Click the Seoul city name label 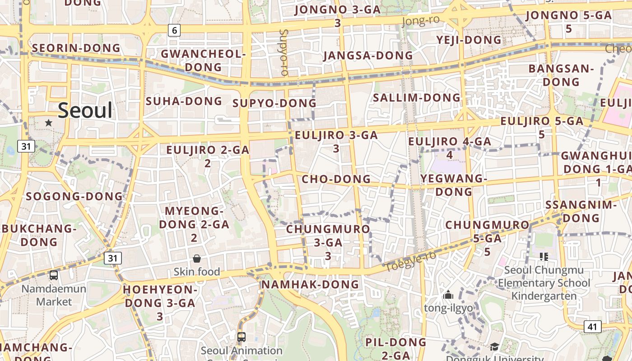[85, 111]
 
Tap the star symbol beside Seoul [49, 123]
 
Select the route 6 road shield [174, 30]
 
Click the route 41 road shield [592, 327]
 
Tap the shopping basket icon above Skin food [197, 259]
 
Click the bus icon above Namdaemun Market [54, 275]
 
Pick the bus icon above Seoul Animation [242, 337]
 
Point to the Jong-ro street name [420, 21]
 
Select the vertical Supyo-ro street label [284, 52]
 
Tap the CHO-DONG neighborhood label [336, 179]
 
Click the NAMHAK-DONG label [310, 284]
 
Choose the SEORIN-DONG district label [76, 48]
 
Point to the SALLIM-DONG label [416, 97]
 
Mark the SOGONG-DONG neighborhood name [74, 196]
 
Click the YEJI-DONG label [469, 40]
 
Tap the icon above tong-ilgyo [448, 295]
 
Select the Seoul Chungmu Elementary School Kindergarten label [544, 283]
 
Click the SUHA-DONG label [184, 101]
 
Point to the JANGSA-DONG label [368, 56]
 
